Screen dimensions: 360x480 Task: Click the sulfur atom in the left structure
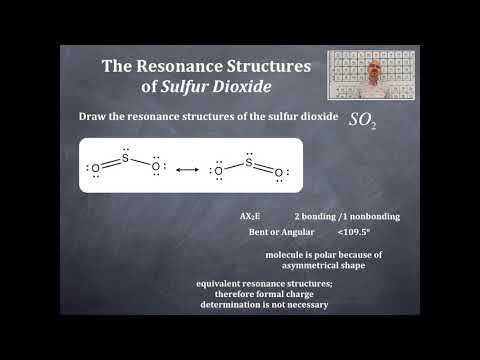[126, 154]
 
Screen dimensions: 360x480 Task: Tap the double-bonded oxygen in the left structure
[95, 170]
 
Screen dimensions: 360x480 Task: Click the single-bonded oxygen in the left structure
[155, 170]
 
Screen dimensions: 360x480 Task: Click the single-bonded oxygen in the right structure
[219, 170]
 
